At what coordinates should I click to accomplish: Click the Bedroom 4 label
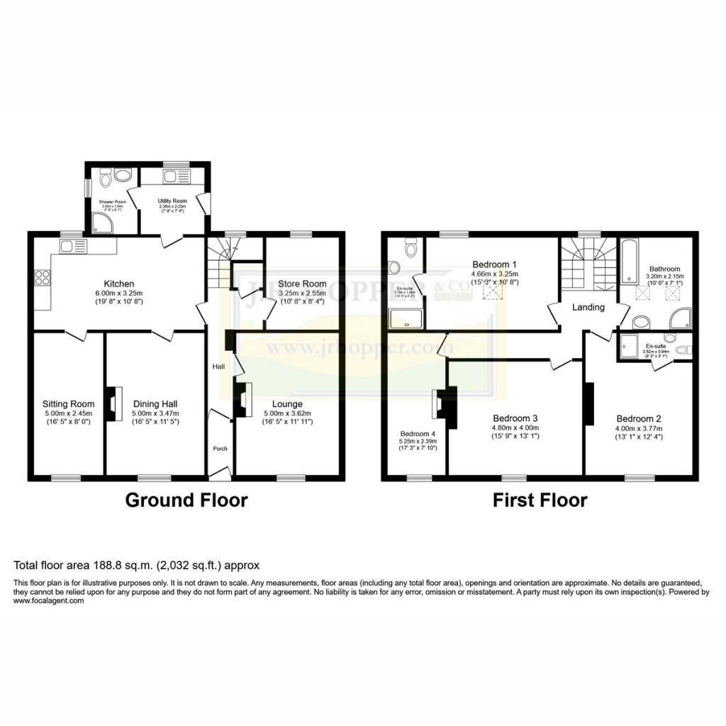pos(418,433)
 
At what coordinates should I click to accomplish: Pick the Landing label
pos(588,307)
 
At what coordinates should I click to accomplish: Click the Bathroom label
pos(664,269)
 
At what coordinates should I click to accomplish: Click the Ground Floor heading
pos(186,501)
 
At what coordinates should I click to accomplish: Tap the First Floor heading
pos(540,501)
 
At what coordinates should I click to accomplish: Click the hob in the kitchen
pos(40,278)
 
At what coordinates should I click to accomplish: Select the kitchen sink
pos(72,246)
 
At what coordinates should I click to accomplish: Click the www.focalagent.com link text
pos(49,601)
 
